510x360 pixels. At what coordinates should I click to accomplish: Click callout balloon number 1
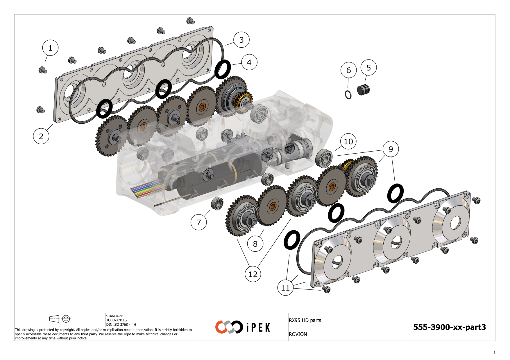[x=50, y=48]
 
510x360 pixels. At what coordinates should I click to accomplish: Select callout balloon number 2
[x=41, y=136]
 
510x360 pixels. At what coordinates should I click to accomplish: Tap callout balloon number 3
[x=241, y=40]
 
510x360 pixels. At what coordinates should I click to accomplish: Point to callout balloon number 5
[x=368, y=68]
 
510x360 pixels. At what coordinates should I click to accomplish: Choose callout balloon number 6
[x=348, y=70]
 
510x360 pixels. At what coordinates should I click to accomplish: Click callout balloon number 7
[x=198, y=222]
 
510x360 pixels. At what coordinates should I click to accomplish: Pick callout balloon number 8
[x=255, y=244]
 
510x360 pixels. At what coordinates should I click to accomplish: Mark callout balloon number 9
[x=391, y=149]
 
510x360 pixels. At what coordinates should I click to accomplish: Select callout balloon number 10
[x=348, y=141]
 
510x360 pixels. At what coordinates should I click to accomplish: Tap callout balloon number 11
[x=285, y=288]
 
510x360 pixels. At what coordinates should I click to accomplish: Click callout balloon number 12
[x=253, y=274]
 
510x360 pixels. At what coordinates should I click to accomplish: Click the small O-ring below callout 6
[x=348, y=95]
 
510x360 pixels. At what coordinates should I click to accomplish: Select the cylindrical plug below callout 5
[x=363, y=90]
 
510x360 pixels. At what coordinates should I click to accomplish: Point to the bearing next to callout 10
[x=324, y=158]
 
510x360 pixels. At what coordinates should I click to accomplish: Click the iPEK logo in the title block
[x=243, y=327]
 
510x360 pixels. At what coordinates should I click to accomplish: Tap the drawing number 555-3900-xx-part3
[x=449, y=327]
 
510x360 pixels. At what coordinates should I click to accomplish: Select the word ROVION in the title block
[x=298, y=334]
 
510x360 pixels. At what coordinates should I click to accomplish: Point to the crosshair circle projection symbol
[x=66, y=319]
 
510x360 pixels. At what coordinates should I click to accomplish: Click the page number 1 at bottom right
[x=494, y=352]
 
